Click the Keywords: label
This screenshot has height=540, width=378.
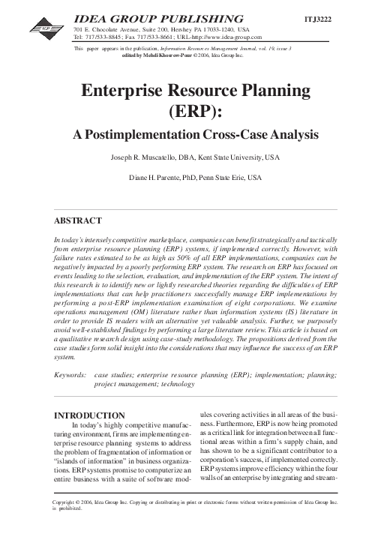tap(73, 372)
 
